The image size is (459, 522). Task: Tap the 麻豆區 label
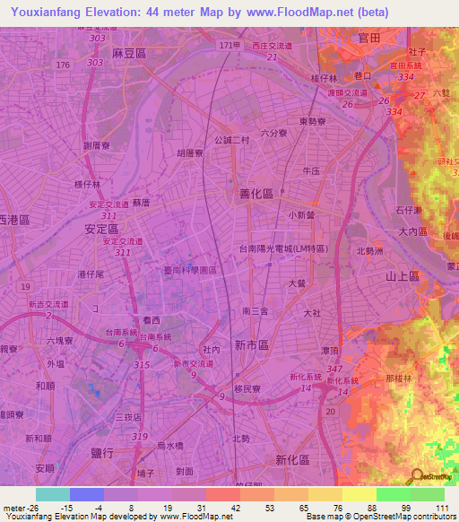click(x=129, y=54)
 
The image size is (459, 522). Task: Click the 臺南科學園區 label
click(x=190, y=269)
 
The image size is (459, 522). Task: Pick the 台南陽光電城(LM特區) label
click(x=282, y=248)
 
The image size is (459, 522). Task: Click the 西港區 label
click(x=14, y=220)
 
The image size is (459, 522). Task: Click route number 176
click(x=62, y=65)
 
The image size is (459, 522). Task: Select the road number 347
click(x=335, y=370)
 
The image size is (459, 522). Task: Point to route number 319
click(x=140, y=436)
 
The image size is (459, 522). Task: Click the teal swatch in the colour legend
click(x=53, y=494)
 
